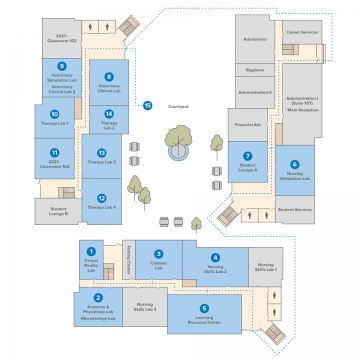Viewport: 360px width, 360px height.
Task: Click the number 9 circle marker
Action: pos(62,66)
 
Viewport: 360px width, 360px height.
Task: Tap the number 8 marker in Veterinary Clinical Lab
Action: pos(108,77)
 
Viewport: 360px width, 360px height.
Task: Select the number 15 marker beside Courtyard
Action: pos(147,104)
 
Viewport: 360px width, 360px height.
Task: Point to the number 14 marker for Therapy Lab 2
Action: pos(108,114)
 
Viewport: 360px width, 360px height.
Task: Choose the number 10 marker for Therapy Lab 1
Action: pos(55,114)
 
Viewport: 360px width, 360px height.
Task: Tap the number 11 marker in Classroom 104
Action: pos(54,154)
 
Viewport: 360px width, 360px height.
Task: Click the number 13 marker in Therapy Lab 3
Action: pos(101,152)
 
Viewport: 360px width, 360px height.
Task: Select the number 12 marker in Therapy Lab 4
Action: pos(101,198)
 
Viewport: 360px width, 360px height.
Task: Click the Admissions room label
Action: pos(255,39)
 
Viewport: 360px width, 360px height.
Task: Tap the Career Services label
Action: pos(302,32)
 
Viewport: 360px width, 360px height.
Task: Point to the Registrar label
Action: pos(255,70)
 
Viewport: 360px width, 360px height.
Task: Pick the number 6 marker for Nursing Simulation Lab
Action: pos(294,165)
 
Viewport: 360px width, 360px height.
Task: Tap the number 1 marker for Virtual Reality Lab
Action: pos(91,252)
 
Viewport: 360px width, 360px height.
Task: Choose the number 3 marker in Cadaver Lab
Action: pos(158,254)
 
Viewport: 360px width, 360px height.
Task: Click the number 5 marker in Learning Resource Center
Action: pos(204,309)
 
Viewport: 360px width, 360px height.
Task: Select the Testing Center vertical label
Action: pos(128,262)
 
